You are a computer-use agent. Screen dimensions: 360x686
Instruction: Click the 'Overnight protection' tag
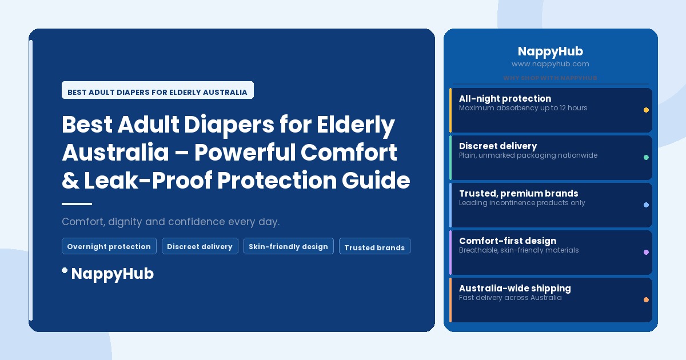[x=109, y=246]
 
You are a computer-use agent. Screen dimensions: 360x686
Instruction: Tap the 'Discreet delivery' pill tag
[x=200, y=246]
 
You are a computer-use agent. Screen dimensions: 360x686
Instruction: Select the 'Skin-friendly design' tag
[x=288, y=246]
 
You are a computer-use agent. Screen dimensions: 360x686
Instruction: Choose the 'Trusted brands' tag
[x=374, y=247]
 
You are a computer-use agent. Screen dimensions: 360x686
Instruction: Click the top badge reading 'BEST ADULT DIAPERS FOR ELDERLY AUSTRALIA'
[x=157, y=91]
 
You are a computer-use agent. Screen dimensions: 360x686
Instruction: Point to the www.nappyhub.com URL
[x=550, y=64]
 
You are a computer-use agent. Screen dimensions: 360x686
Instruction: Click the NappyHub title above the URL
[x=550, y=51]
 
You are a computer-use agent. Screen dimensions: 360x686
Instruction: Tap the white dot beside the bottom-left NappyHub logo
[x=65, y=270]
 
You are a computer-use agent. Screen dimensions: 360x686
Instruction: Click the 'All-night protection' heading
[x=505, y=98]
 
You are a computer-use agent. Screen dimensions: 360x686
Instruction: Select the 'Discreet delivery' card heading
[x=497, y=146]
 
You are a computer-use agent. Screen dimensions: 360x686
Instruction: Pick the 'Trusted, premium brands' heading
[x=518, y=193]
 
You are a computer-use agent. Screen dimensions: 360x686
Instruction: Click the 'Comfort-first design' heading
[x=507, y=241]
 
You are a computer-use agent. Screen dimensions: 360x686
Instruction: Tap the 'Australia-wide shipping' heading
[x=514, y=288]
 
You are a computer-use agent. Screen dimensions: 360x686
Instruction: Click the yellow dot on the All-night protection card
[x=646, y=110]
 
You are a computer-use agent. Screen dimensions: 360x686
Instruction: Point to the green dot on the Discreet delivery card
[x=646, y=157]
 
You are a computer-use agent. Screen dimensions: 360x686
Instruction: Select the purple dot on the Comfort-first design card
[x=646, y=252]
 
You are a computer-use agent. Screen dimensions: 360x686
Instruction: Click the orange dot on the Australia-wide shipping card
[x=646, y=299]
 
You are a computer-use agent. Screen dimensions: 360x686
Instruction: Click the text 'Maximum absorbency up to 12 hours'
[x=523, y=108]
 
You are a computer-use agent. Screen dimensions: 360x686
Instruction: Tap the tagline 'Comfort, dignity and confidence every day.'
[x=170, y=221]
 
